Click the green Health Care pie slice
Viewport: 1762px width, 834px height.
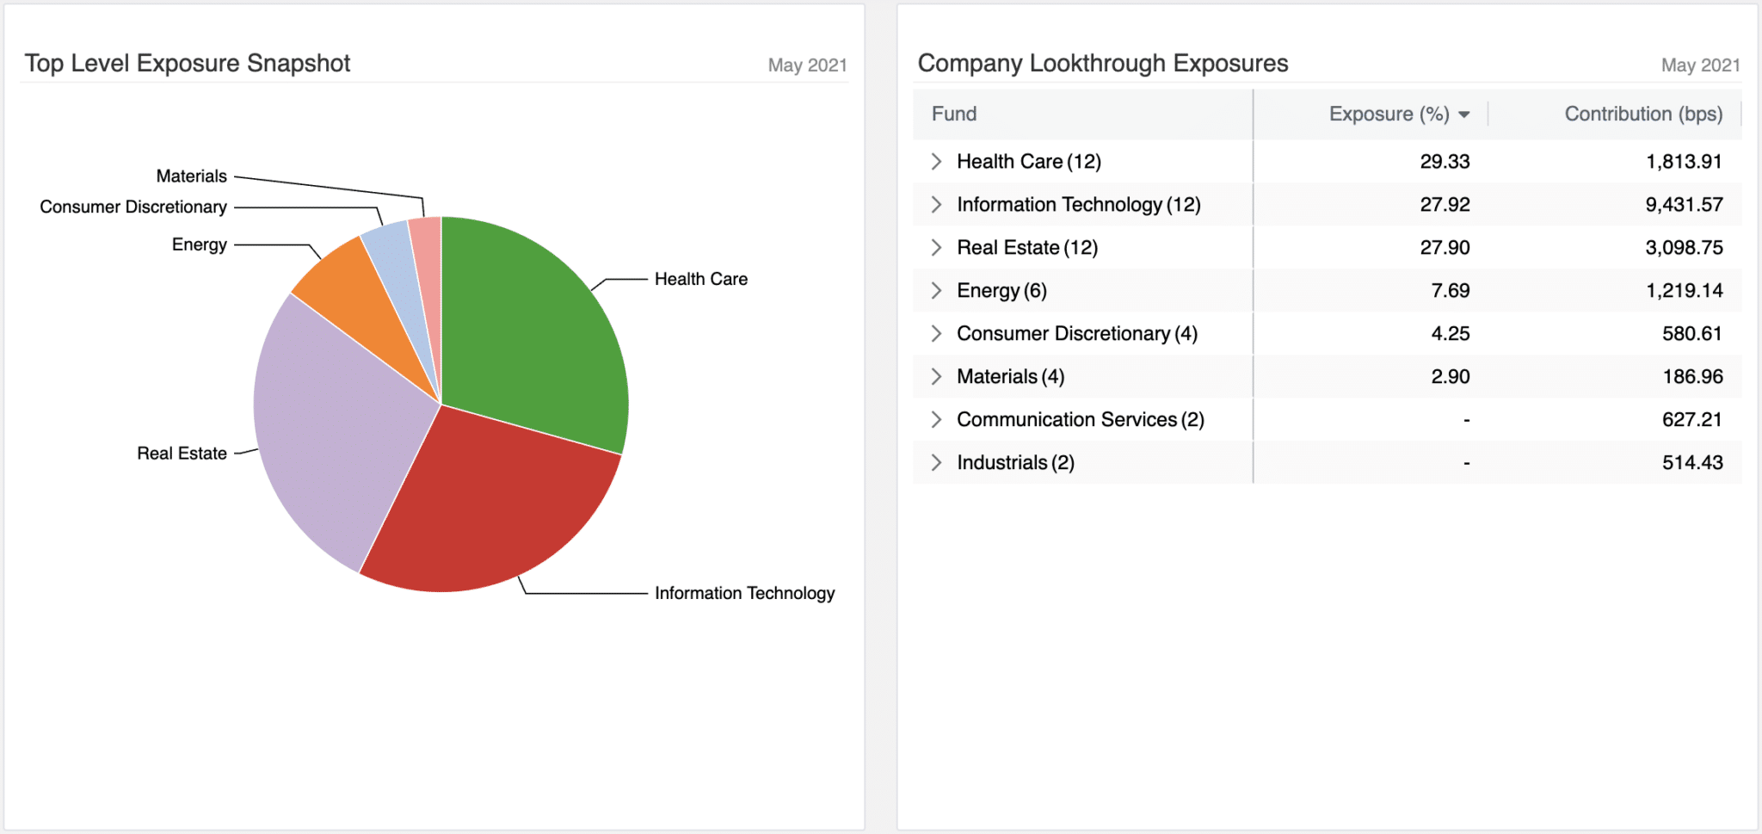[x=533, y=336]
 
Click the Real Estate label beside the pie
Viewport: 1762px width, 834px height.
[x=182, y=454]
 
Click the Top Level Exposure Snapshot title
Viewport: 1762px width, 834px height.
[x=188, y=64]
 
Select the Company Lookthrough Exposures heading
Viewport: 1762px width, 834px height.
[x=1103, y=64]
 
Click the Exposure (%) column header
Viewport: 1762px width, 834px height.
[x=1389, y=114]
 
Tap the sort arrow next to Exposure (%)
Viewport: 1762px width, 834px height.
[x=1464, y=115]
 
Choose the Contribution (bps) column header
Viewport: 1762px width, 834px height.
[x=1643, y=114]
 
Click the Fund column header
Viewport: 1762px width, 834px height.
[x=954, y=114]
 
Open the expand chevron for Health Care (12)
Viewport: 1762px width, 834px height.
[x=936, y=162]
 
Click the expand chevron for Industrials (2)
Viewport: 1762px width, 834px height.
[x=936, y=463]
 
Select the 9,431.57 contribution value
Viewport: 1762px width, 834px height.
[x=1684, y=205]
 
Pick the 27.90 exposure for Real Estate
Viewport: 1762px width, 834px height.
[x=1445, y=248]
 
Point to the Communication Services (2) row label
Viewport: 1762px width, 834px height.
[x=1080, y=420]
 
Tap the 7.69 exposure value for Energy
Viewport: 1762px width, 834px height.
[x=1450, y=291]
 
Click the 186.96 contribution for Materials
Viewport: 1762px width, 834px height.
[x=1692, y=377]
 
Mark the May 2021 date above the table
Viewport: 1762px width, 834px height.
[x=1700, y=65]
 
